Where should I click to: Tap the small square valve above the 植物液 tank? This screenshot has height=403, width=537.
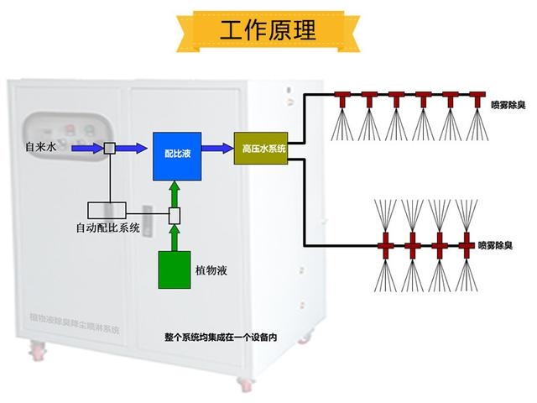pyautogui.click(x=175, y=216)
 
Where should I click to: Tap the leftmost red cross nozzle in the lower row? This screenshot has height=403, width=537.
pyautogui.click(x=387, y=246)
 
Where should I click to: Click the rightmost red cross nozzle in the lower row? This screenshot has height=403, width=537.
pyautogui.click(x=464, y=246)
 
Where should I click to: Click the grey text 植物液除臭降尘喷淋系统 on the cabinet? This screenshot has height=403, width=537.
pyautogui.click(x=75, y=322)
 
